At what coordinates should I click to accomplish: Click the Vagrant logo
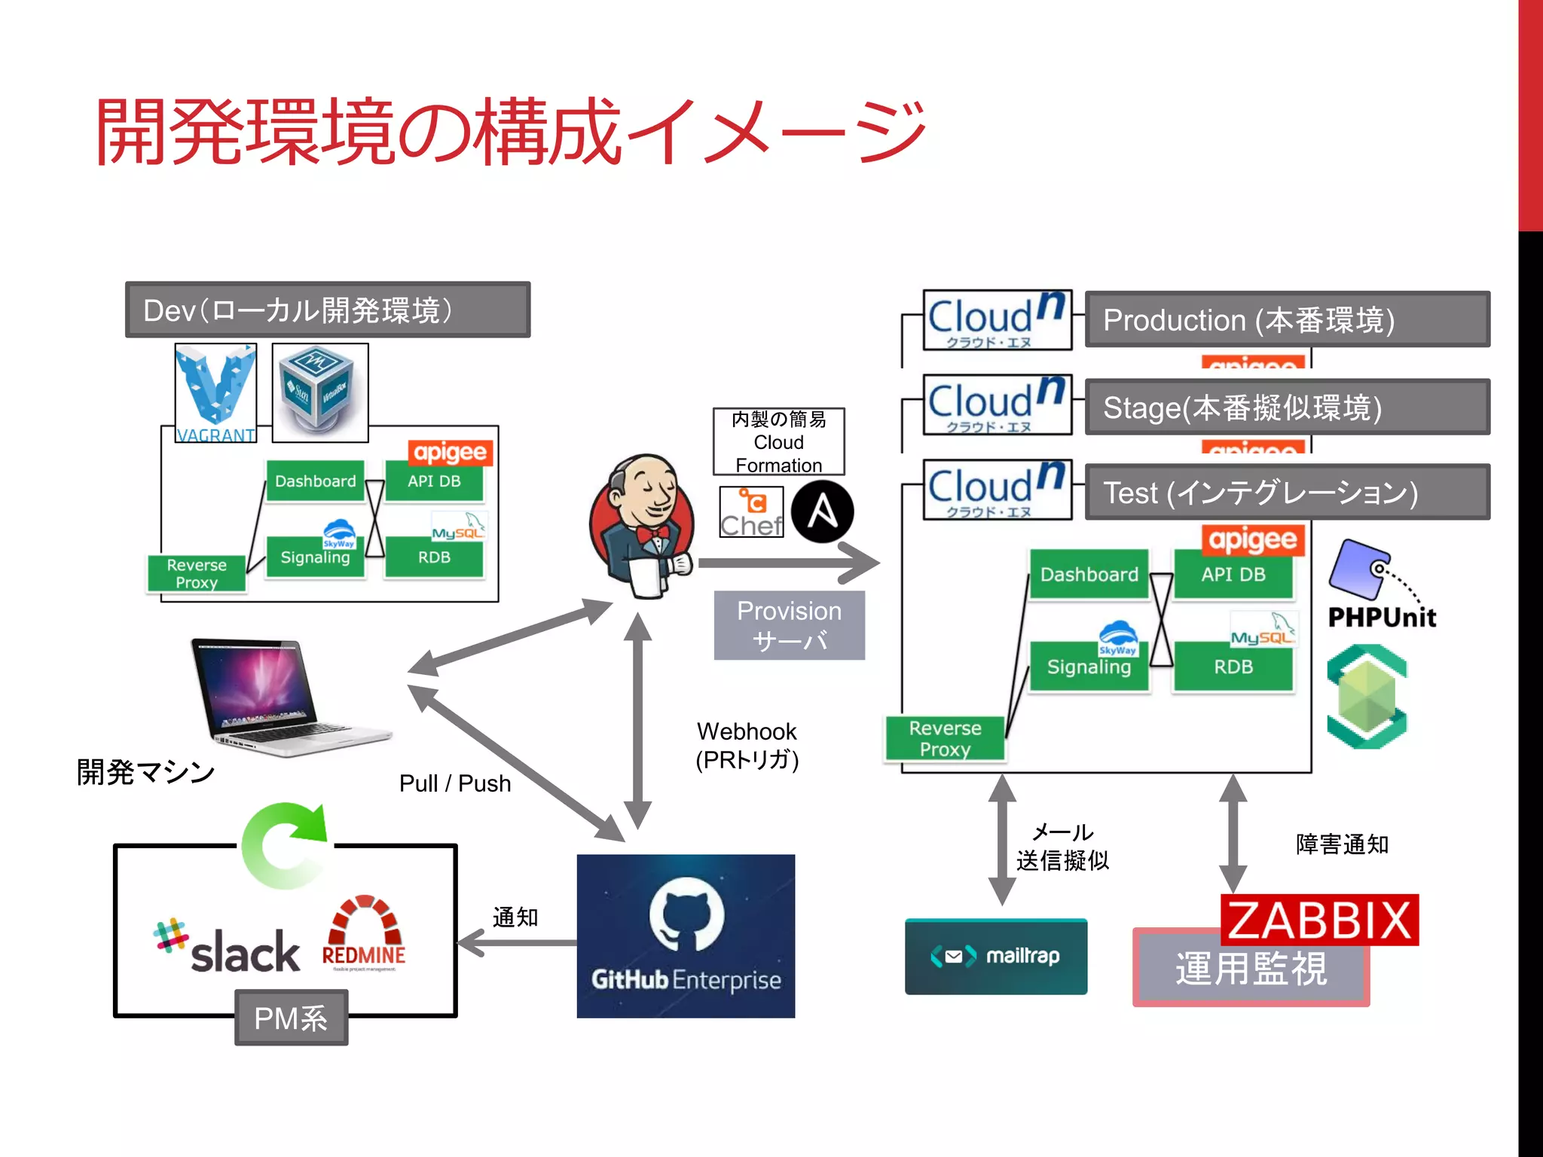click(x=215, y=392)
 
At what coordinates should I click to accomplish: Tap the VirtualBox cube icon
click(x=319, y=392)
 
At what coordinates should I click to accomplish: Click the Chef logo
click(x=751, y=512)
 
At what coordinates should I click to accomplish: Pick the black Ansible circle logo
click(x=822, y=512)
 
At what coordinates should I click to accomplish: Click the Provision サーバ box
click(x=789, y=624)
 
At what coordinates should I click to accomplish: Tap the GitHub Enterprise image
click(x=686, y=936)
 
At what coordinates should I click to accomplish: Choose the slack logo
click(x=228, y=948)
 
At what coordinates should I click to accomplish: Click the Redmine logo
click(x=364, y=934)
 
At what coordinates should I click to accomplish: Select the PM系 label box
click(x=291, y=1018)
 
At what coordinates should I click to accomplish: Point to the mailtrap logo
click(x=995, y=956)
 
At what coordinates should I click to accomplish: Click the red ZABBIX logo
click(x=1319, y=920)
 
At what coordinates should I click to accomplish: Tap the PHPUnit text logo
click(x=1381, y=617)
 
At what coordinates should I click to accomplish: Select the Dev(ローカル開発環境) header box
click(x=328, y=310)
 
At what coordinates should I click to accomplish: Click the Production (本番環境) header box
click(x=1287, y=319)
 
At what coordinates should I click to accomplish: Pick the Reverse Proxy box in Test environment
click(x=945, y=738)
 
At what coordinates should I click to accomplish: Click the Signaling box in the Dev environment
click(x=315, y=557)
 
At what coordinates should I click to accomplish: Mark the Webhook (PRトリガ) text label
click(x=747, y=745)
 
